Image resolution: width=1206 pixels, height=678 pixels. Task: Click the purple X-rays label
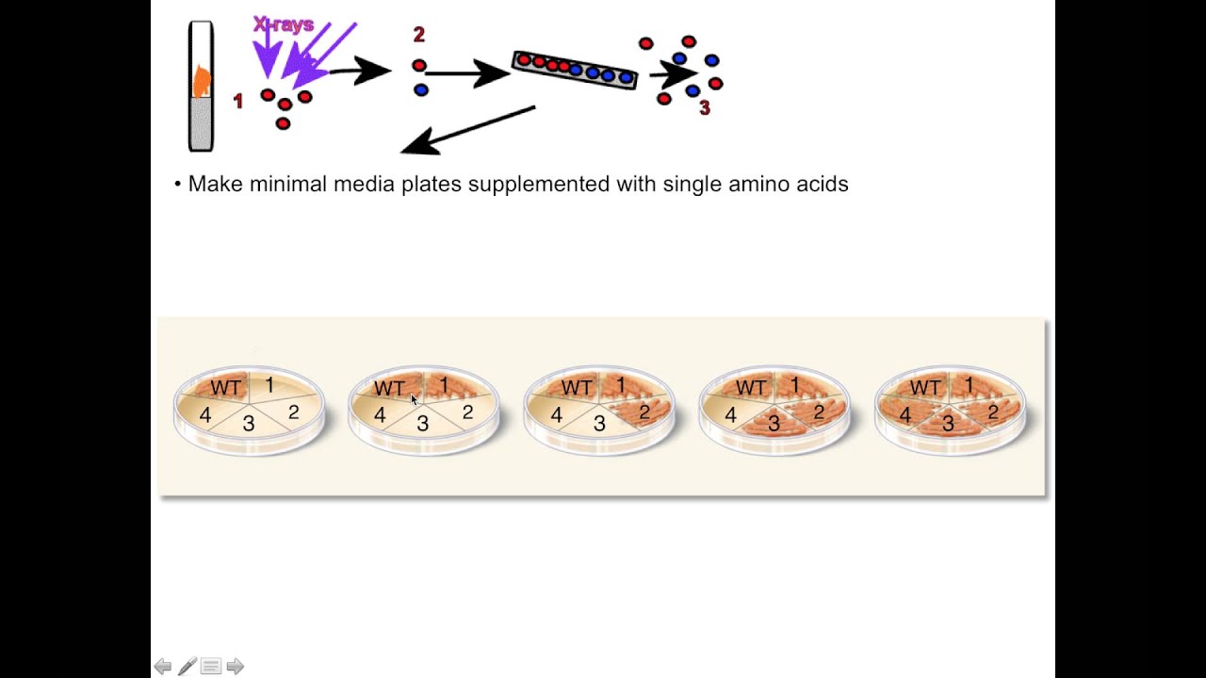click(283, 24)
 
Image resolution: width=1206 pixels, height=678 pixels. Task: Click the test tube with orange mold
click(201, 87)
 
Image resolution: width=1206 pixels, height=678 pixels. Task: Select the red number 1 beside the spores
click(237, 101)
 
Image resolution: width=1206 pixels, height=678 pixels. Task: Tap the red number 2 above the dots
click(419, 36)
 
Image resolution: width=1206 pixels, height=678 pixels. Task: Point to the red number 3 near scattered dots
click(705, 109)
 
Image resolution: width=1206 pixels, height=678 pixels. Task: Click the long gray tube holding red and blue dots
click(575, 69)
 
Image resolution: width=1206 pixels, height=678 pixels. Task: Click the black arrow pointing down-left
click(467, 130)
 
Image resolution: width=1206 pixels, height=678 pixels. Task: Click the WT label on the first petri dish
click(226, 388)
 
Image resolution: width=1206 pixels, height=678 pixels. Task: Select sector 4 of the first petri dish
click(204, 414)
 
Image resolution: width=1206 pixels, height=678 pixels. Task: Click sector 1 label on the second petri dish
click(445, 385)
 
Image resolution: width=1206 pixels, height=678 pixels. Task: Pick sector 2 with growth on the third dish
click(644, 412)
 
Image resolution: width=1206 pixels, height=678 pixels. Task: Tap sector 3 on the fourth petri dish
click(774, 424)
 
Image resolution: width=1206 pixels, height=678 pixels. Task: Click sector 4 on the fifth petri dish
click(904, 414)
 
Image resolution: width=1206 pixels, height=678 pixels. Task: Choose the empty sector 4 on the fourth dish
click(729, 413)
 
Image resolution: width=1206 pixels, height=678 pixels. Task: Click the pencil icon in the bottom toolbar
click(187, 667)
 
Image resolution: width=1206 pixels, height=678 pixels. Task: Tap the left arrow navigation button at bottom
click(162, 667)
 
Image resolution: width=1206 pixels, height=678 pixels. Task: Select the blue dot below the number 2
click(420, 89)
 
